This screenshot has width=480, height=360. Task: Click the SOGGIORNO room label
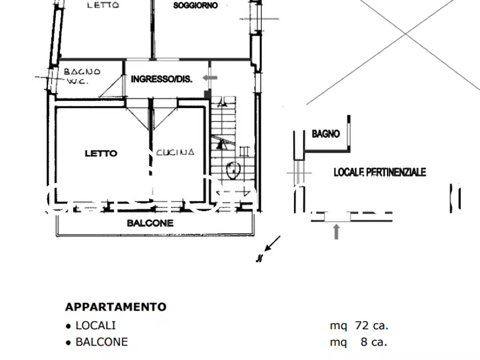pyautogui.click(x=195, y=5)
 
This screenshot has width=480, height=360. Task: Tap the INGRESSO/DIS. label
pyautogui.click(x=161, y=79)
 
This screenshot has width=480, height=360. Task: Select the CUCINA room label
pyautogui.click(x=175, y=153)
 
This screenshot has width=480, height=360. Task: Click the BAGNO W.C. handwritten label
pyautogui.click(x=81, y=76)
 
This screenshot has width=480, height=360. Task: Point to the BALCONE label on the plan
pyautogui.click(x=150, y=222)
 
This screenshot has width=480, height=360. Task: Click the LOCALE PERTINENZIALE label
pyautogui.click(x=379, y=172)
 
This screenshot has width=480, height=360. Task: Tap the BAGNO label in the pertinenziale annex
pyautogui.click(x=326, y=134)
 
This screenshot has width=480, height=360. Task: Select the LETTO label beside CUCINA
pyautogui.click(x=101, y=153)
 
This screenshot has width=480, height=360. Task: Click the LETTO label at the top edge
pyautogui.click(x=103, y=5)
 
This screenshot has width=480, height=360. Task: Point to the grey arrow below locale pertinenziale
pyautogui.click(x=336, y=232)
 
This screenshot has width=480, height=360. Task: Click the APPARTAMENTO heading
pyautogui.click(x=116, y=307)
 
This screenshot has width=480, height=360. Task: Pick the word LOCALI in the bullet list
pyautogui.click(x=95, y=325)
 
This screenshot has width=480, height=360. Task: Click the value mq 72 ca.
pyautogui.click(x=359, y=325)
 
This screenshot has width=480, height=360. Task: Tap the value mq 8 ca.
pyautogui.click(x=359, y=342)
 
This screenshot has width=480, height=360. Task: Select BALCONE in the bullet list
pyautogui.click(x=101, y=342)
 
